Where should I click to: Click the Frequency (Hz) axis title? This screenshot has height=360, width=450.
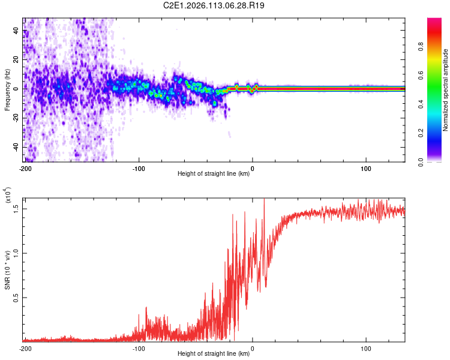[x=7, y=89]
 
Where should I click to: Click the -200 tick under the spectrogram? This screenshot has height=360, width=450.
[x=25, y=167]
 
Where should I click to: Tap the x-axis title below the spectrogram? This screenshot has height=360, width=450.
[x=214, y=174]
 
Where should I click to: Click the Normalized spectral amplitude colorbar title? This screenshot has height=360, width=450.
[x=445, y=90]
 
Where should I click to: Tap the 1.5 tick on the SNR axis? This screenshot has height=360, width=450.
[x=17, y=208]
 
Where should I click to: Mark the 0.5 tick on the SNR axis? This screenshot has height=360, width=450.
[x=17, y=297]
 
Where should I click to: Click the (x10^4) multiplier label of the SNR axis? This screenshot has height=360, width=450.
[x=8, y=196]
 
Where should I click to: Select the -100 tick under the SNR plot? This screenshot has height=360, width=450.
[x=139, y=348]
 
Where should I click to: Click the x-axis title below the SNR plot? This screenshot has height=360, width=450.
[x=214, y=355]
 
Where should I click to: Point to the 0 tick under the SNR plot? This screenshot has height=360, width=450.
[x=252, y=348]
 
